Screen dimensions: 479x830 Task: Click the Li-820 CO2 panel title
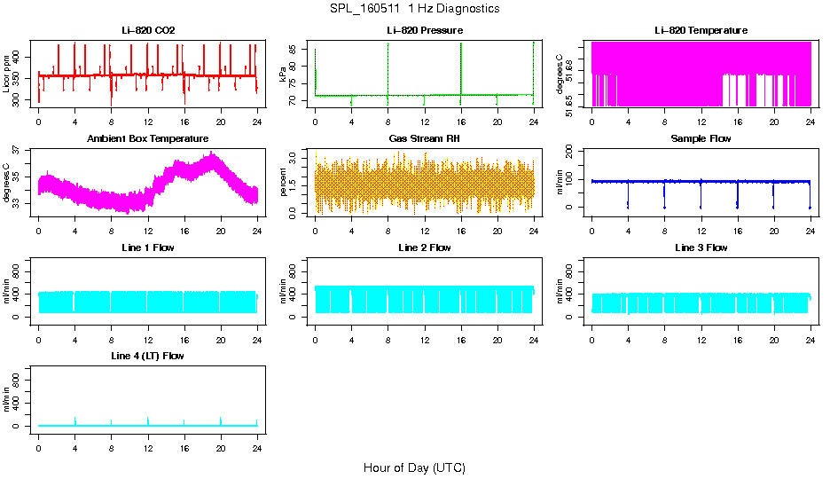click(x=148, y=31)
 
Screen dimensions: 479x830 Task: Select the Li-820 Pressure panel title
click(x=424, y=31)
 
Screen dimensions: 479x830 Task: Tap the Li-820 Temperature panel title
click(x=701, y=31)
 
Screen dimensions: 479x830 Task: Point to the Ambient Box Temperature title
click(x=148, y=139)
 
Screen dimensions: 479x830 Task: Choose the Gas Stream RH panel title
click(x=424, y=139)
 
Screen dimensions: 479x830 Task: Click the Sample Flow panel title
click(x=701, y=139)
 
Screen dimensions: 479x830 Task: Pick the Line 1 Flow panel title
click(x=148, y=247)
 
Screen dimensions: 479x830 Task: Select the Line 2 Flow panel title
click(x=424, y=247)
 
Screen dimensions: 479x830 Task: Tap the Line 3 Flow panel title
click(x=701, y=247)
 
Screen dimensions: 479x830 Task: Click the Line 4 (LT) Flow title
click(x=148, y=356)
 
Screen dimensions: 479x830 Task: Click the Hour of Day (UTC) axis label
click(x=414, y=467)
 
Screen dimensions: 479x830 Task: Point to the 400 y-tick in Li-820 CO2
click(x=21, y=57)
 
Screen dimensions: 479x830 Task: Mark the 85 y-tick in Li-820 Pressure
click(x=298, y=50)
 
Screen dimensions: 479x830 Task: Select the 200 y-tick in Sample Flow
click(x=575, y=153)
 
